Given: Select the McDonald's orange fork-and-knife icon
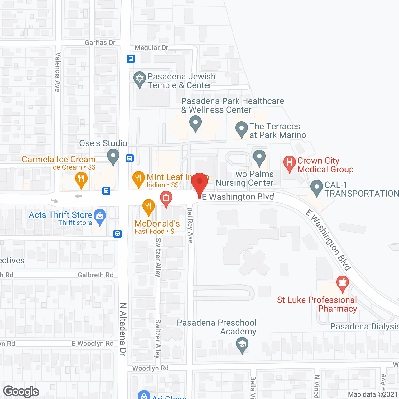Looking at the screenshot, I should (149, 207).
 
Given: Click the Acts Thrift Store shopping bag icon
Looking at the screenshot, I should (100, 216).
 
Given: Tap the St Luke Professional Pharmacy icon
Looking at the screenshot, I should (342, 283).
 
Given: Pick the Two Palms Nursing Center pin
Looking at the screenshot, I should (259, 157).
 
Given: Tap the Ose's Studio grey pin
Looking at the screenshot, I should (113, 156).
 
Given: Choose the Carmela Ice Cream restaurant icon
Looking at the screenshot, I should (81, 180).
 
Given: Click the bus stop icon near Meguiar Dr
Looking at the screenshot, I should (131, 59).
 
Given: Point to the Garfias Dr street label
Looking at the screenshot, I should (100, 43).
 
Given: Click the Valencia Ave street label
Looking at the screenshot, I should (58, 72).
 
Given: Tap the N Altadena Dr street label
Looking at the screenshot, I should (123, 329).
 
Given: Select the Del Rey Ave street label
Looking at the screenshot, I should (190, 225).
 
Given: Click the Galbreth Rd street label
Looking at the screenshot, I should (95, 275).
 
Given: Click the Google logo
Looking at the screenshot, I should (21, 392).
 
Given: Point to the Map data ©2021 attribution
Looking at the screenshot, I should (373, 394).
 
